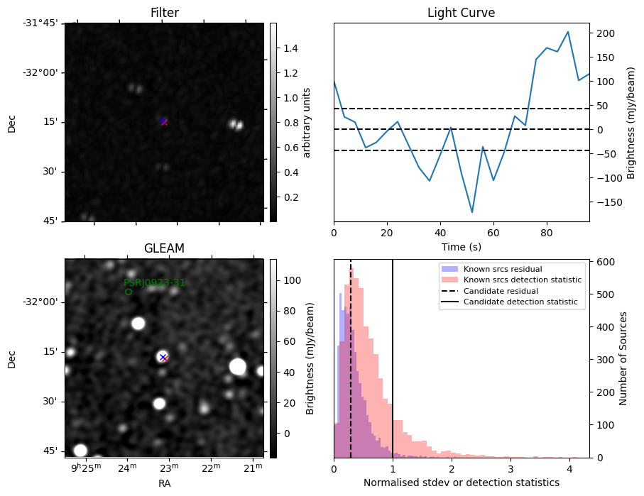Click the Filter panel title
[x=164, y=13]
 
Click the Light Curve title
[x=461, y=13]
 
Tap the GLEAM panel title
[x=164, y=248]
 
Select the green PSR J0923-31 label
[x=154, y=282]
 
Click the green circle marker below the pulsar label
[x=129, y=292]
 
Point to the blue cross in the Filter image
[x=164, y=121]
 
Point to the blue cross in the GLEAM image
[x=163, y=357]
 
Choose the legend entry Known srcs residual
[x=503, y=269]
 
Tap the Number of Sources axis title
[x=623, y=358]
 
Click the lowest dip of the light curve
[x=471, y=212]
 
